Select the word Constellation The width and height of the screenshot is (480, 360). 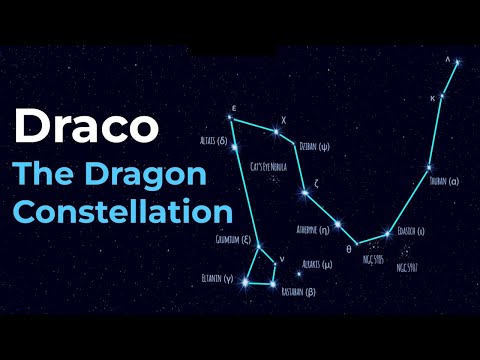pyautogui.click(x=123, y=212)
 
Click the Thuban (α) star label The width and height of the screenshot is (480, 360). pyautogui.click(x=441, y=181)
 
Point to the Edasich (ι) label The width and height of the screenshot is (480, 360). pyautogui.click(x=411, y=230)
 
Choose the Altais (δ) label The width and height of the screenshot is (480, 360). pyautogui.click(x=215, y=141)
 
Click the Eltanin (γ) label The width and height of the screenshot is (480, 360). pyautogui.click(x=217, y=277)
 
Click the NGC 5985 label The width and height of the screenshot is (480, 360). pyautogui.click(x=373, y=258)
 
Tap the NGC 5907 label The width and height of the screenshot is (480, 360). pyautogui.click(x=406, y=267)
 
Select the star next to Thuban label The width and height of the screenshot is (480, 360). pyautogui.click(x=429, y=167)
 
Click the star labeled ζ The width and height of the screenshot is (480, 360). pyautogui.click(x=303, y=192)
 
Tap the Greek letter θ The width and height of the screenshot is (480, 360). pyautogui.click(x=349, y=248)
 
